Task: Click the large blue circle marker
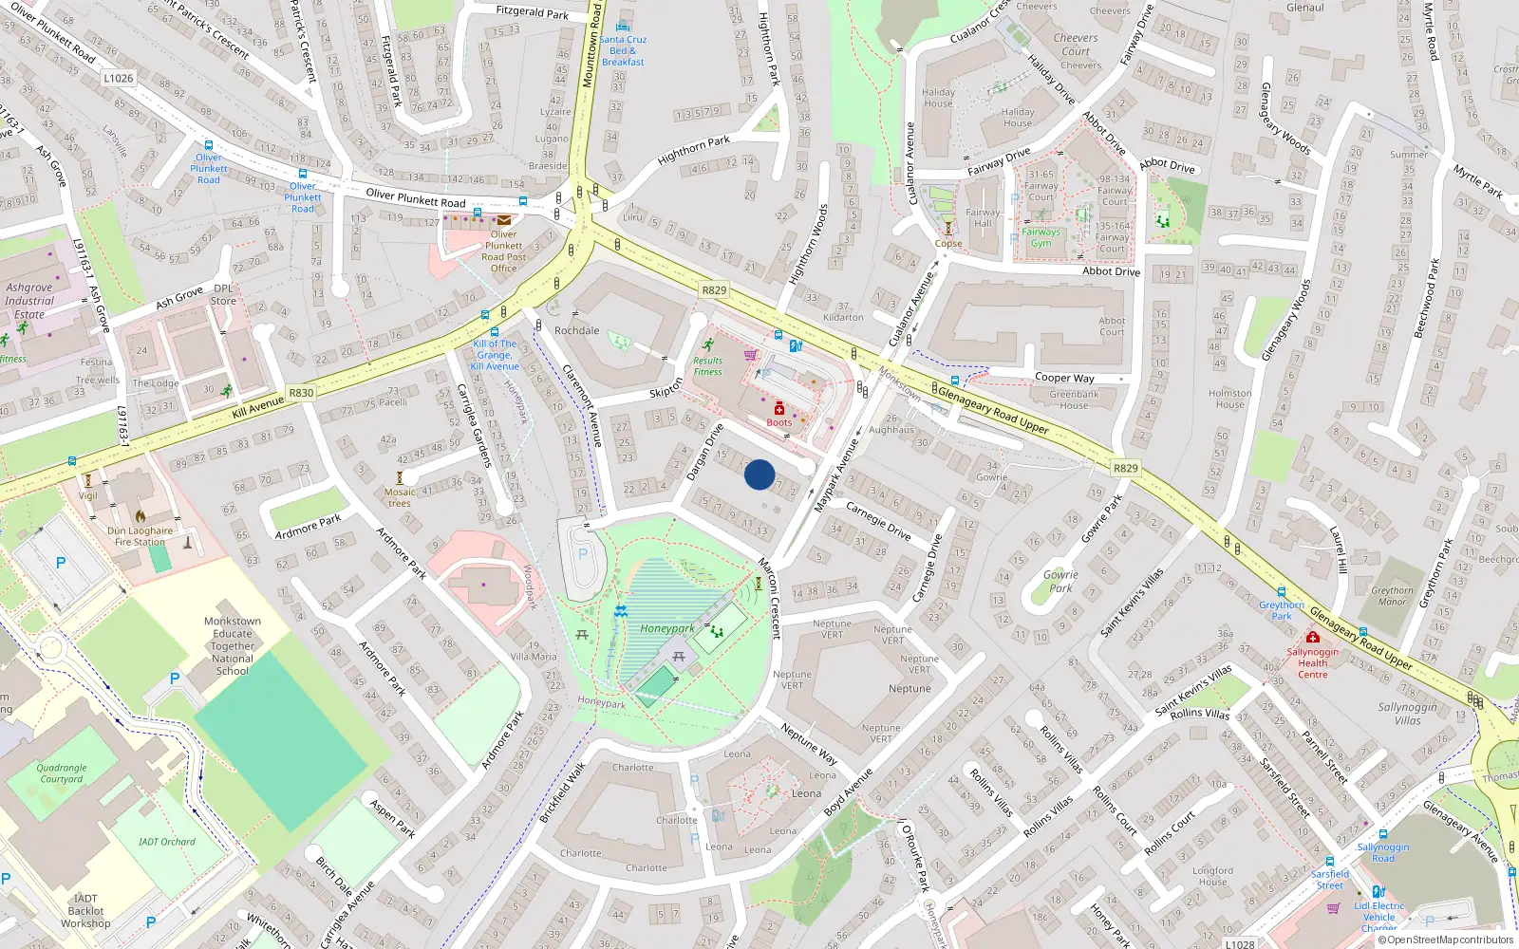(x=759, y=474)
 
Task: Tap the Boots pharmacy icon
(x=779, y=409)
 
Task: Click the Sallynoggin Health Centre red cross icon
(x=1313, y=638)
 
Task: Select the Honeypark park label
(x=666, y=628)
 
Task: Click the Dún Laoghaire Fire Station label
(x=141, y=537)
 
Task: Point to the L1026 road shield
(x=119, y=78)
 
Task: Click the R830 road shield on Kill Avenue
(x=301, y=393)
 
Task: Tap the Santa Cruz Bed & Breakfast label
(x=623, y=50)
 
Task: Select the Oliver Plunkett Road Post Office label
(x=503, y=251)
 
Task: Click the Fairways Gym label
(x=1041, y=237)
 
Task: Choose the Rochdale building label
(x=577, y=331)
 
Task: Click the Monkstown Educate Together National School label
(x=233, y=646)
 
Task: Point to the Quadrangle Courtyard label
(x=62, y=773)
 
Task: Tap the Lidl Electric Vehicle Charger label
(x=1378, y=917)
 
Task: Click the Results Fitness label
(x=707, y=366)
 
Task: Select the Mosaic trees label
(x=400, y=497)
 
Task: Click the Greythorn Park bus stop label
(x=1282, y=610)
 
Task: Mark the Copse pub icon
(x=947, y=228)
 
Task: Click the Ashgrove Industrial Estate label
(x=29, y=301)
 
